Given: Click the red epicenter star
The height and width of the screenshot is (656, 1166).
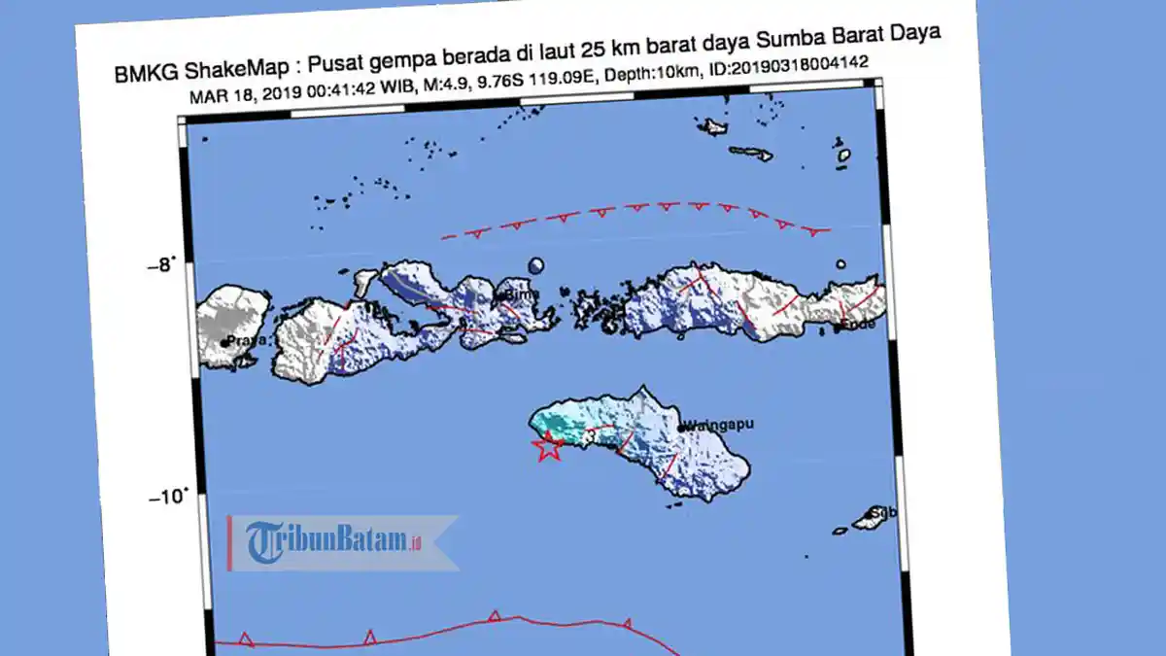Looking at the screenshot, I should [549, 446].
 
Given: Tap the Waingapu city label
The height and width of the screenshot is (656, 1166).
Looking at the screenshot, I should [720, 425].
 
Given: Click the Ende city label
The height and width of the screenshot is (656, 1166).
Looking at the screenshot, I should [857, 325].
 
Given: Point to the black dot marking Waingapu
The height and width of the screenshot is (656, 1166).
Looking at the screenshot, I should [682, 426].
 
